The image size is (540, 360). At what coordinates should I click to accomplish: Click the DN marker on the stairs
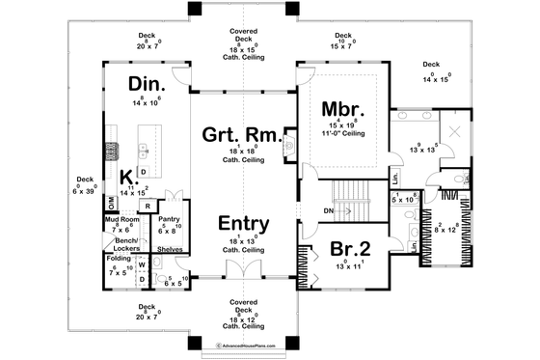pos(330,209)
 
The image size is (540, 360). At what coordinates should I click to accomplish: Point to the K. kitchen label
pos(127,177)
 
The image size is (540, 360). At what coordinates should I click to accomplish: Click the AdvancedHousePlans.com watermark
pos(237,344)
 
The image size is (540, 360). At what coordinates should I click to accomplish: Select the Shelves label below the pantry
pos(171,248)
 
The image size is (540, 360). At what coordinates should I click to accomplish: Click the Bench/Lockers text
pos(121,243)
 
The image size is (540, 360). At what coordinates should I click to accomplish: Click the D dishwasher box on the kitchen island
pos(143,172)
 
